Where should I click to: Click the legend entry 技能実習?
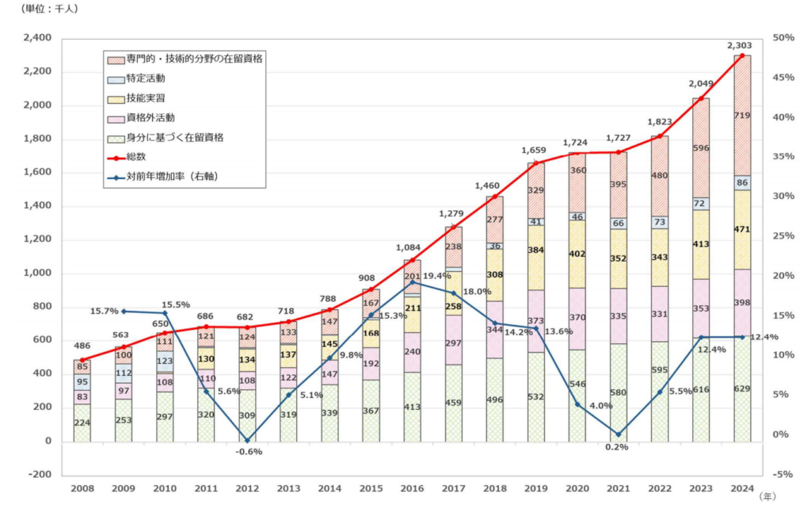point(146,98)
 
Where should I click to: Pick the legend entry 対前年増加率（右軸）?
point(172,176)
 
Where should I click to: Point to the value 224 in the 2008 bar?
point(82,423)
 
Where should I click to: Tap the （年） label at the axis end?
point(767,496)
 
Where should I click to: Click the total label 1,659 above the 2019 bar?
point(535,150)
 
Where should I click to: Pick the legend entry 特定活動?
point(146,78)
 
